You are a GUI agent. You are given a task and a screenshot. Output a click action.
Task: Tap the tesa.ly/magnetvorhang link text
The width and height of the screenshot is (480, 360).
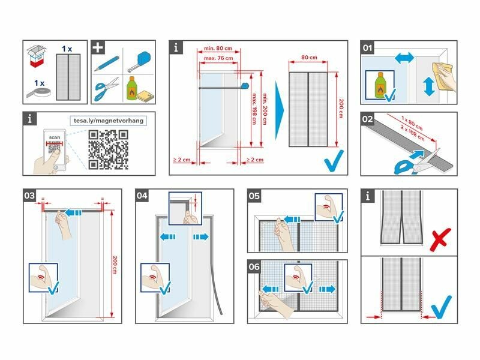(x=108, y=120)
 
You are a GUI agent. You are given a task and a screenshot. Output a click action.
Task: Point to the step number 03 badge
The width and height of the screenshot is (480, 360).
(x=29, y=196)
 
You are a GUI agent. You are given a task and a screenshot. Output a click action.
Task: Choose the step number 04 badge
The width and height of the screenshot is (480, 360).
(x=142, y=196)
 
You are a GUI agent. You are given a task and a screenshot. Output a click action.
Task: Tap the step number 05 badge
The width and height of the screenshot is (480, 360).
(x=254, y=196)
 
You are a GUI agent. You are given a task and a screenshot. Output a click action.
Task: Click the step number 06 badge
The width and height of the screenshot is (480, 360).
(x=254, y=266)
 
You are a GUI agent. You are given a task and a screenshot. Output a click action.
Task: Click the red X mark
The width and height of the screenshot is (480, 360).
(x=440, y=239)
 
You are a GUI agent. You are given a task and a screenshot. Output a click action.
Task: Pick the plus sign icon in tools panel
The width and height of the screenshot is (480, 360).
(x=97, y=47)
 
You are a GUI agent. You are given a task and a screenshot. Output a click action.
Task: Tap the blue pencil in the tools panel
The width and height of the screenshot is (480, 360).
(x=106, y=62)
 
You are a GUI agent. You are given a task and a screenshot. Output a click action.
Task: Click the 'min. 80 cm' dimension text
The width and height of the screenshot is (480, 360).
(x=218, y=49)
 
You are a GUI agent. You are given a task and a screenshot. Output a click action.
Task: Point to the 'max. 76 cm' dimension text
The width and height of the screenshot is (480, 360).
(x=218, y=58)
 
